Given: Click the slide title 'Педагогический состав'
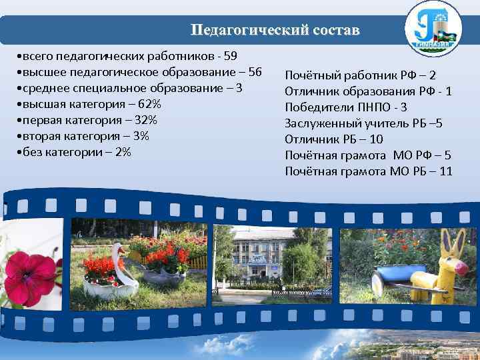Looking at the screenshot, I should [274, 31].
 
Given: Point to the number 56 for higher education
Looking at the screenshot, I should [255, 72].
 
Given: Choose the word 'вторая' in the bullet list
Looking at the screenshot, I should [39, 137].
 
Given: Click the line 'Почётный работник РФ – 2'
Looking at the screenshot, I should [360, 75].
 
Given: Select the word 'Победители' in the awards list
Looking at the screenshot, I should [315, 107].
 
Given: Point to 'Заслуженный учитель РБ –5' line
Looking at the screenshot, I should [363, 123].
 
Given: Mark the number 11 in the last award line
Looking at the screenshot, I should [445, 171].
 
